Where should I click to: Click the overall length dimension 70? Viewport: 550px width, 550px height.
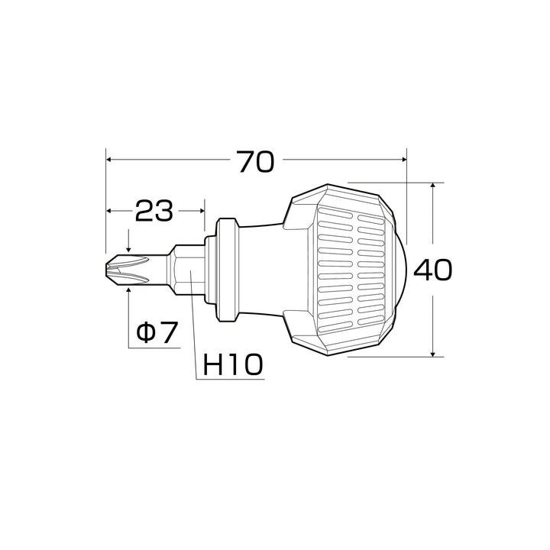256,162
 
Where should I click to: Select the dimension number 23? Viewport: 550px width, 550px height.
154,211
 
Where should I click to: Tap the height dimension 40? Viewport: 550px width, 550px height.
433,270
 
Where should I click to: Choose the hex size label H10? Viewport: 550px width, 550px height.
232,364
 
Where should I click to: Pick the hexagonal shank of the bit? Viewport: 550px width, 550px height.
186,270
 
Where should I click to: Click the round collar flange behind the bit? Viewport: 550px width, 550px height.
225,270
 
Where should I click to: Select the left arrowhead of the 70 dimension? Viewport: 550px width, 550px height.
108,160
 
